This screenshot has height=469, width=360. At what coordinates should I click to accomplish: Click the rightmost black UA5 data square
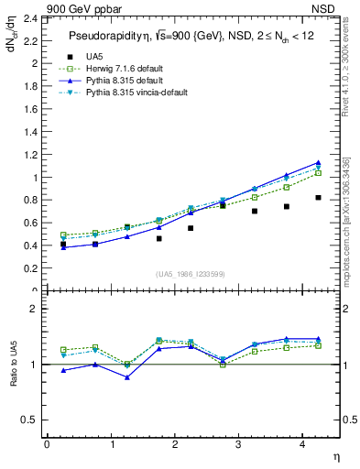318,198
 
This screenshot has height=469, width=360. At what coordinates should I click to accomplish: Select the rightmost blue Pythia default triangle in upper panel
318,163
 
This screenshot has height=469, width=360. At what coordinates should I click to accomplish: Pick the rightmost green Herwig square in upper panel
318,173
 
